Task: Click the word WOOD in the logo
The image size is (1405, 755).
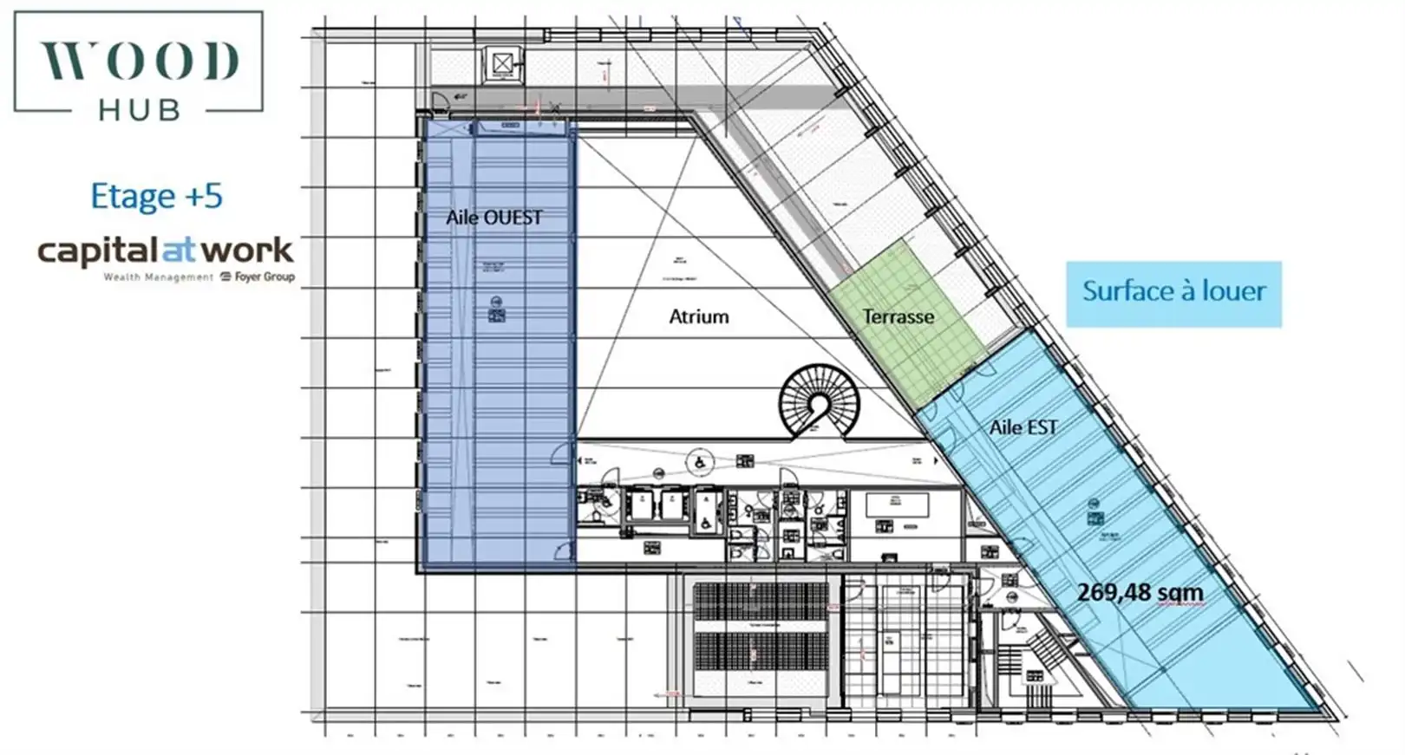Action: pyautogui.click(x=139, y=61)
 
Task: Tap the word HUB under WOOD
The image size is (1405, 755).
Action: pyautogui.click(x=139, y=110)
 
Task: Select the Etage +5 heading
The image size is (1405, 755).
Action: pyautogui.click(x=156, y=197)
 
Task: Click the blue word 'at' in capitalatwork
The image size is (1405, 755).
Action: pyautogui.click(x=179, y=251)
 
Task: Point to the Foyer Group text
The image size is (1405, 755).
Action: pyautogui.click(x=264, y=277)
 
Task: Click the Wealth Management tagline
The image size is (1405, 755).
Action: pyautogui.click(x=158, y=277)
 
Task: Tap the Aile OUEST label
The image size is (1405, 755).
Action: pyautogui.click(x=493, y=218)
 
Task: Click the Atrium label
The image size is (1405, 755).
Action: pyautogui.click(x=698, y=317)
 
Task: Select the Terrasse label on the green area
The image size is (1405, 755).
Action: pyautogui.click(x=898, y=317)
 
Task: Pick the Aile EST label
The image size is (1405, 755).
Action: pyautogui.click(x=1023, y=427)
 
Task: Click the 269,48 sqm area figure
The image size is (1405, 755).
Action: pyautogui.click(x=1140, y=593)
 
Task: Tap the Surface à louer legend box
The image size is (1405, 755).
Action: pyautogui.click(x=1173, y=293)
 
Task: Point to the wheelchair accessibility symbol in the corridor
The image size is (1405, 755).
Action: pyautogui.click(x=699, y=462)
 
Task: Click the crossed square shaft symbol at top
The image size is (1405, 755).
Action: pyautogui.click(x=502, y=64)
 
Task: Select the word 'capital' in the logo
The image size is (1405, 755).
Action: pyautogui.click(x=98, y=251)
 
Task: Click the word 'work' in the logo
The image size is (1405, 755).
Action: pyautogui.click(x=247, y=251)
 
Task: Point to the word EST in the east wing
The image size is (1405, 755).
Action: pyautogui.click(x=1042, y=427)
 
